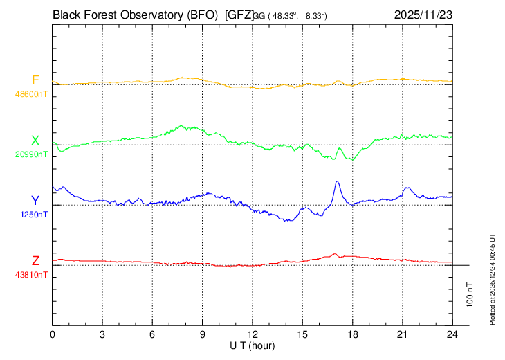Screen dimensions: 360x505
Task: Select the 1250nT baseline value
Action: (35, 215)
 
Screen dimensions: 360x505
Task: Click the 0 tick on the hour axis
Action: (53, 334)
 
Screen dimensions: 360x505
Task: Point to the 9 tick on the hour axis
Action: (203, 334)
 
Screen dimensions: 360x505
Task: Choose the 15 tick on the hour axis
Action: (302, 334)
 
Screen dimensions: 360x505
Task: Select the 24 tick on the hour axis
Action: (452, 334)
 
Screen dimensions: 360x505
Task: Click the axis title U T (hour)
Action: (252, 345)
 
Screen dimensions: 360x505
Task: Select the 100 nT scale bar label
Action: (470, 294)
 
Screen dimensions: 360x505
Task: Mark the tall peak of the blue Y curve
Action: (337, 182)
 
